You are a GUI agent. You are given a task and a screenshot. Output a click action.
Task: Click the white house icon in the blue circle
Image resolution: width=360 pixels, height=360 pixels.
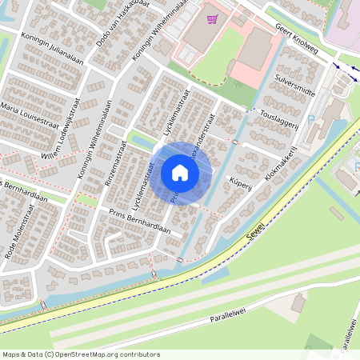pyautogui.click(x=180, y=173)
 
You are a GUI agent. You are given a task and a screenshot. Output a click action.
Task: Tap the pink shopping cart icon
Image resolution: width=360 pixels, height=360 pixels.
pyautogui.click(x=212, y=18)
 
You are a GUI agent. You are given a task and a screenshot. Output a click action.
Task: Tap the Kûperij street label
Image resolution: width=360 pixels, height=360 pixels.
pyautogui.click(x=240, y=183)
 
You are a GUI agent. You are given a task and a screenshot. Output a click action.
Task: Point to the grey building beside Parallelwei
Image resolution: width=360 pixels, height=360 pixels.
pyautogui.click(x=298, y=303)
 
